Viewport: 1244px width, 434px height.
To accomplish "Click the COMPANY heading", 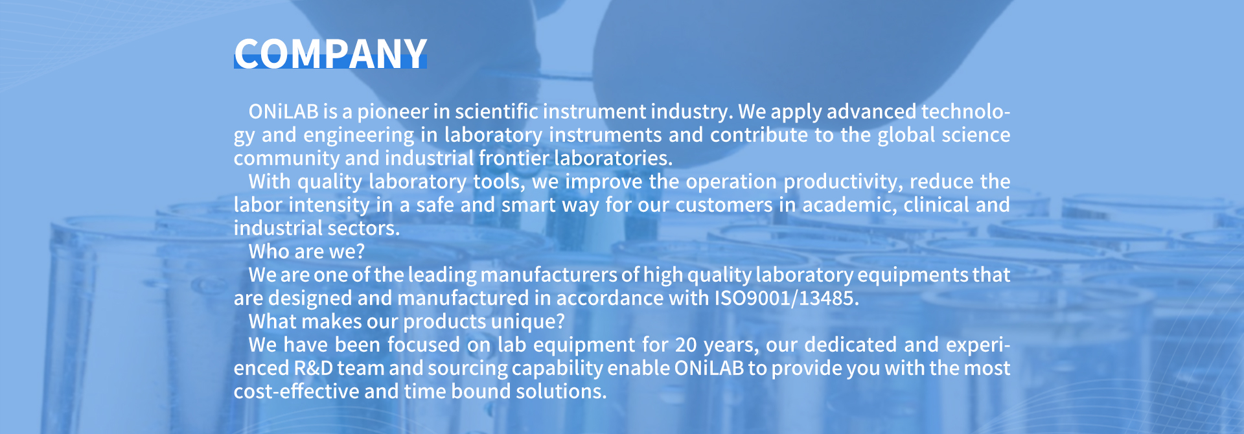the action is (x=330, y=53).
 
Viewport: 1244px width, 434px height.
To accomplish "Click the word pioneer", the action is (x=393, y=112).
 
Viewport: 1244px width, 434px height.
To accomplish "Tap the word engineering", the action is (x=358, y=135).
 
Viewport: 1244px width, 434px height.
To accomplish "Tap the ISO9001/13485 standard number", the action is (x=787, y=298).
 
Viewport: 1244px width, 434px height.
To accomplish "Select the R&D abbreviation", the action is (x=314, y=368).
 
